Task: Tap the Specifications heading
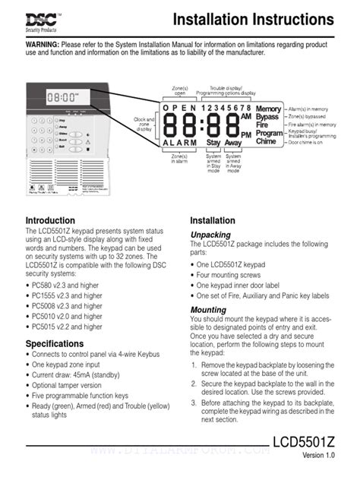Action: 55,344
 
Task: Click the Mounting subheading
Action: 208,310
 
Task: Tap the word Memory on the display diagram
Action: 267,109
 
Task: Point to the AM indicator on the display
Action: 245,117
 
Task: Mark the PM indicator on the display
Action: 245,134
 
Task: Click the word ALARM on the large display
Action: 180,143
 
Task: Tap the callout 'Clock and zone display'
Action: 144,123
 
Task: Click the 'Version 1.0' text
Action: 318,455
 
